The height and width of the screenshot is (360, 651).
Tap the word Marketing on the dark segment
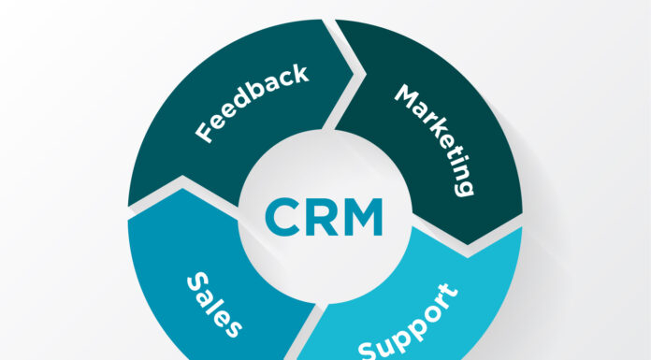pos(432,138)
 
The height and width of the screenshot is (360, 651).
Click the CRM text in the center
pos(324,215)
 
